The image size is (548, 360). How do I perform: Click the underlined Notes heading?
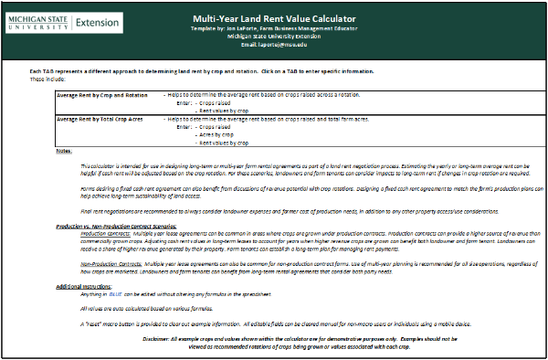63,151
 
